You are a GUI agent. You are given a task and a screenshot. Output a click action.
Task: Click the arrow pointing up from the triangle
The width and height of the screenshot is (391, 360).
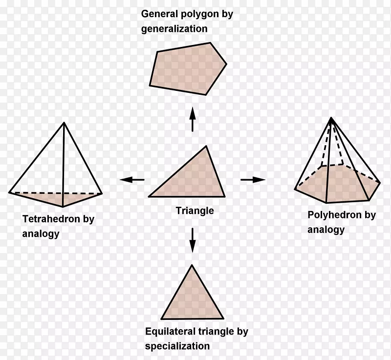[193, 119]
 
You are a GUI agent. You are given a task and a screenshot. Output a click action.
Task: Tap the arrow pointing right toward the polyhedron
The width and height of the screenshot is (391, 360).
[253, 180]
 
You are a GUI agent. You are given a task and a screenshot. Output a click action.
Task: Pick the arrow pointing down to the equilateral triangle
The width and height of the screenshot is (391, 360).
[193, 240]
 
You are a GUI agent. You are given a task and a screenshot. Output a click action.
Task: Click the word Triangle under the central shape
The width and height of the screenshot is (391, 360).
[195, 211]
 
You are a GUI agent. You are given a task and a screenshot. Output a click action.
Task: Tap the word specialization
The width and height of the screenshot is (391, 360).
[177, 346]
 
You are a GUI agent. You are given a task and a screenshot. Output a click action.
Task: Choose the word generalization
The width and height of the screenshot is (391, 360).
[174, 29]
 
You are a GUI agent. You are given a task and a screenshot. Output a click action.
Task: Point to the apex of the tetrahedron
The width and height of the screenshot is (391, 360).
[64, 123]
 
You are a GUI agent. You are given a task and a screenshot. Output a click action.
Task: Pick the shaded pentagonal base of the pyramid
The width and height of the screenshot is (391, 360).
[337, 183]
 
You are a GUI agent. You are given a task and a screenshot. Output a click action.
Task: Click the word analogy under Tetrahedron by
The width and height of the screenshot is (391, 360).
[41, 233]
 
